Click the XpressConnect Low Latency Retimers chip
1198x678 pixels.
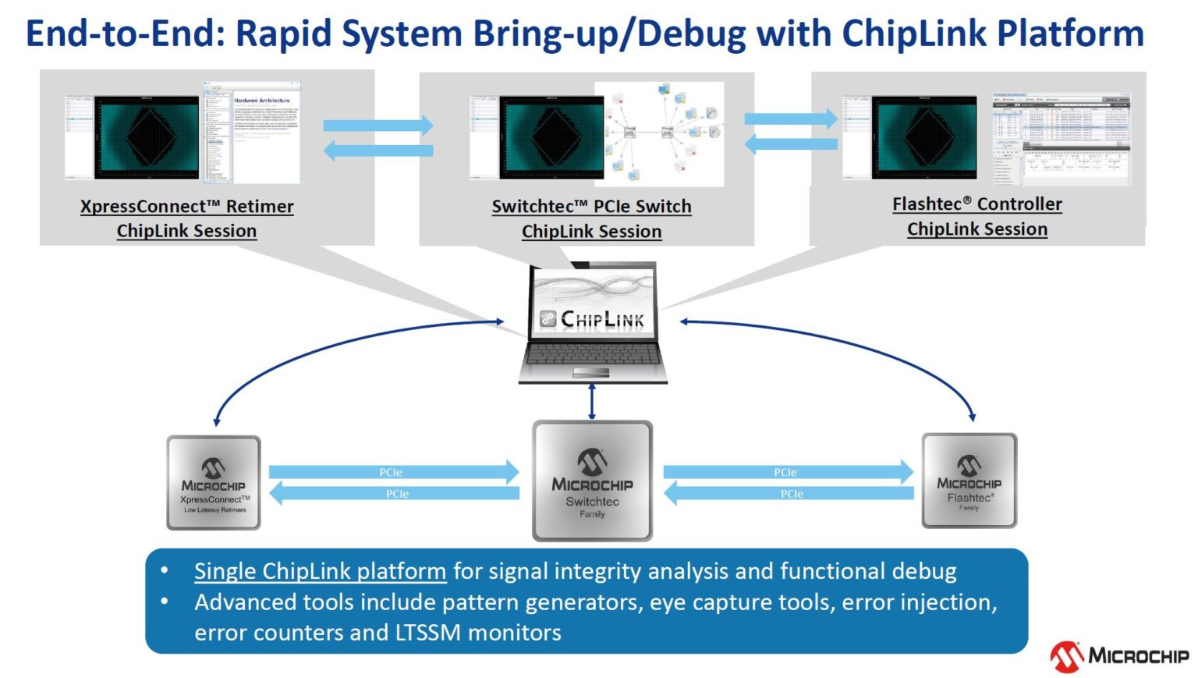pos(213,483)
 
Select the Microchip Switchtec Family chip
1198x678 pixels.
pos(592,481)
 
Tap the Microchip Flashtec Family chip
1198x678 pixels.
pos(969,481)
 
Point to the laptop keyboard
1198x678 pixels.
pos(593,355)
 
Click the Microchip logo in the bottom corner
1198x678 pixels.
pos(1119,655)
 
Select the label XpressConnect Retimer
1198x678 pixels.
pos(186,207)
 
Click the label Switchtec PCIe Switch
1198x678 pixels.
pos(591,207)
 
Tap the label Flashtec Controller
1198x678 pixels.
pos(976,204)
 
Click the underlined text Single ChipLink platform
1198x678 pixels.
pos(320,571)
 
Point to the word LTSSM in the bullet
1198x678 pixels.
pos(427,633)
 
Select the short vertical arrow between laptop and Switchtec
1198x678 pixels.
pos(592,402)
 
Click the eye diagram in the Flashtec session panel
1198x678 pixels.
pos(924,137)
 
